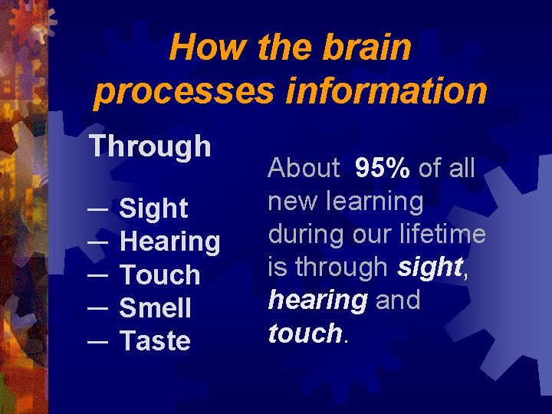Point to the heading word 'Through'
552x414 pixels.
150,146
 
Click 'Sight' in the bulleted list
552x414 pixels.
154,208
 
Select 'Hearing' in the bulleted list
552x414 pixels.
170,242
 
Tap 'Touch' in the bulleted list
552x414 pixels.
160,274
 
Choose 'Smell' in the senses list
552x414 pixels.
156,307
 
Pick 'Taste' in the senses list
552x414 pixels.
155,340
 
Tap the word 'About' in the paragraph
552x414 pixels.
304,168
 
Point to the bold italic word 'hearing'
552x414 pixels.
317,300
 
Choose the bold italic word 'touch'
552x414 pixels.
304,333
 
